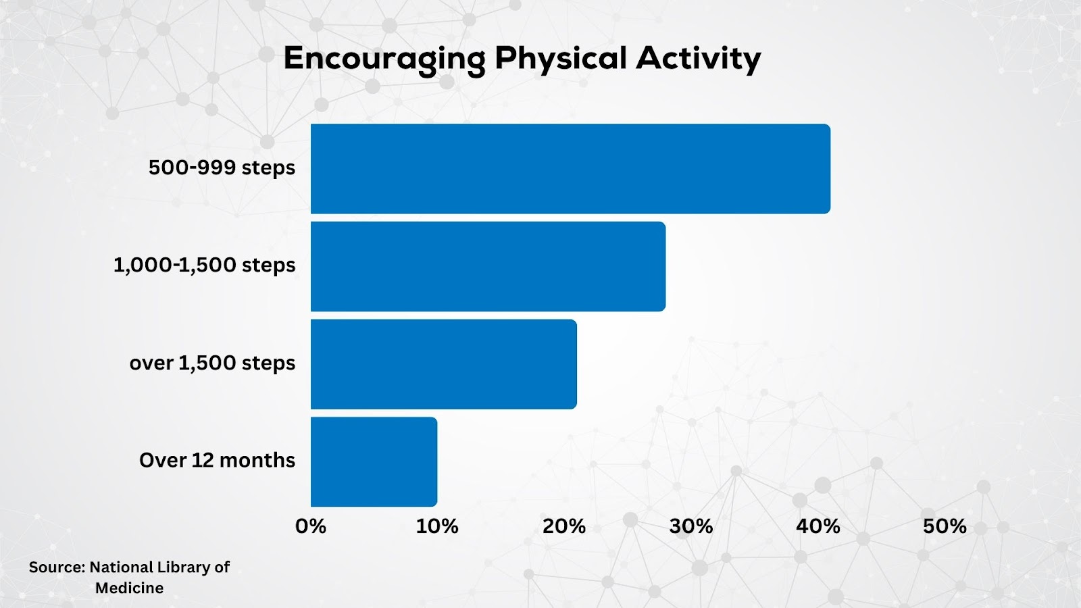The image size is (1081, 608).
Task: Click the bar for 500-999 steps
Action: point(570,169)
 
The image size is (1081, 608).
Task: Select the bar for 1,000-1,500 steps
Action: point(488,266)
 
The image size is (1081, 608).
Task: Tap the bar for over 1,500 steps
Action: point(443,364)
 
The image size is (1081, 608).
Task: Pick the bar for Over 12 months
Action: point(374,462)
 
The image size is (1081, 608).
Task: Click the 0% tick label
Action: point(310,526)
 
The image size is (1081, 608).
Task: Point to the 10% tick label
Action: point(436,526)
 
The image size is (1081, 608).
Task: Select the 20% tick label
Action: point(563,526)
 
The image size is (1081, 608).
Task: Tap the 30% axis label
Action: point(690,526)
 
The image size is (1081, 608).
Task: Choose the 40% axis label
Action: point(818,526)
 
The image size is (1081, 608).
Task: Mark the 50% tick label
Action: point(945,526)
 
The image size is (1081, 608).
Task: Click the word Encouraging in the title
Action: point(384,60)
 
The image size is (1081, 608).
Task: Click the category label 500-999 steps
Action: point(222,168)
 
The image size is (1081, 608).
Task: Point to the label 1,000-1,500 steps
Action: point(204,265)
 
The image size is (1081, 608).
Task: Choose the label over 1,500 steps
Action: point(212,363)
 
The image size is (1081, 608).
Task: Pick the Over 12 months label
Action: point(217,460)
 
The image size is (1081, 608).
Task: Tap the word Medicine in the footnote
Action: point(129,588)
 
